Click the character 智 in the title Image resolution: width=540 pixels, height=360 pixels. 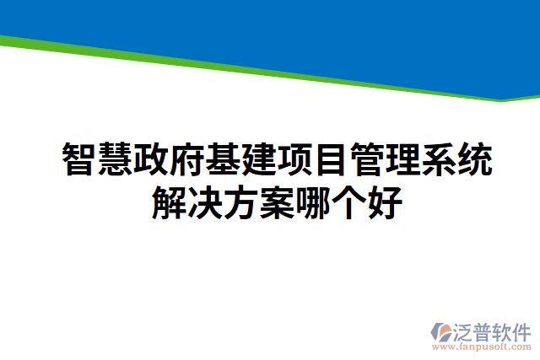[x=78, y=159]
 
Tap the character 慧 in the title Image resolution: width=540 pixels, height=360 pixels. [x=115, y=159]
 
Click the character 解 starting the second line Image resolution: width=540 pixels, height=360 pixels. [x=169, y=202]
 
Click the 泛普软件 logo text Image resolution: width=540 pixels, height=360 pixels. [x=494, y=331]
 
